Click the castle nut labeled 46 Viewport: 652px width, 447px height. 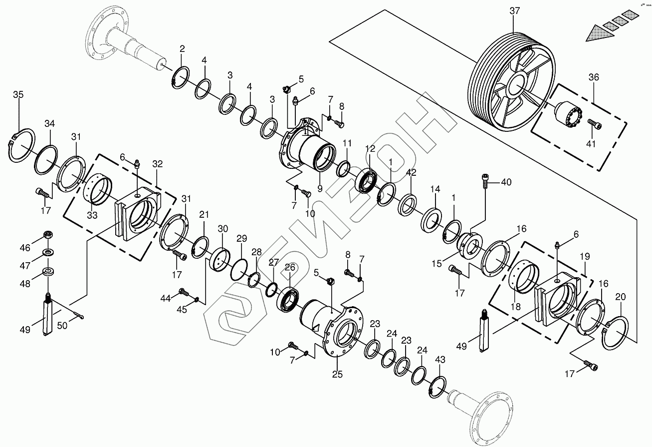pyautogui.click(x=49, y=235)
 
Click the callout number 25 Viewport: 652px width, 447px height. pyautogui.click(x=338, y=375)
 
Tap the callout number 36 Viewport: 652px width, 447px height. pyautogui.click(x=593, y=77)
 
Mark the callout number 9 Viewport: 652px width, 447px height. pyautogui.click(x=320, y=189)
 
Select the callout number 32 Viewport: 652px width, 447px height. pyautogui.click(x=158, y=164)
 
